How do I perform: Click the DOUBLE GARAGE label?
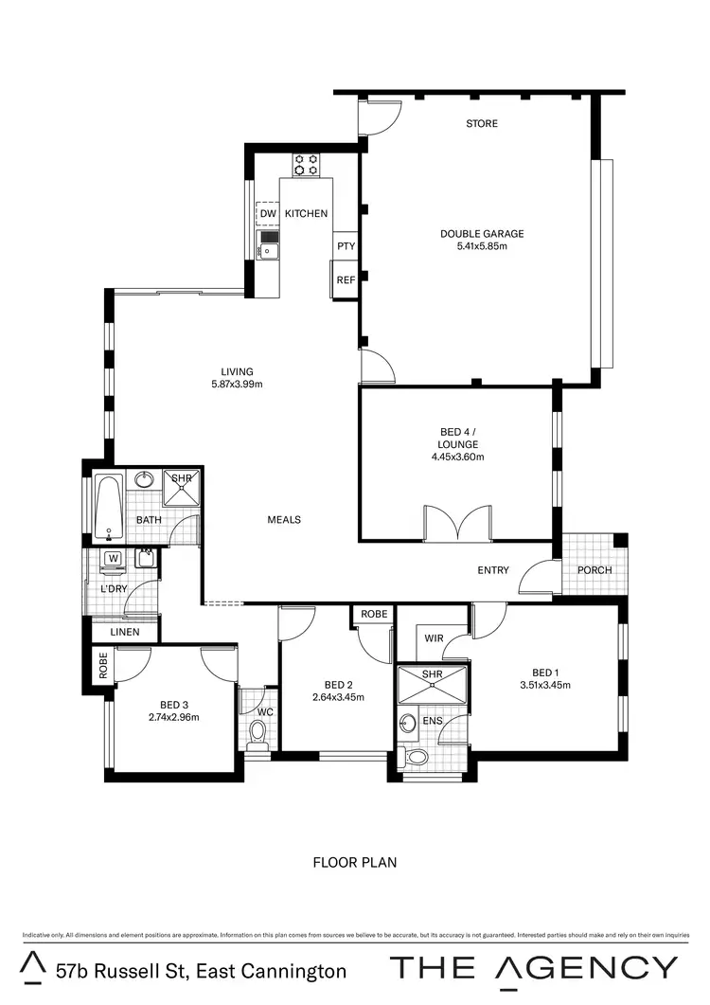point(481,234)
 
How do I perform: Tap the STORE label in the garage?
point(481,124)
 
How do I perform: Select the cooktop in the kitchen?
point(305,165)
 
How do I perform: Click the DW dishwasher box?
point(267,213)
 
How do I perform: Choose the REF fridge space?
point(346,280)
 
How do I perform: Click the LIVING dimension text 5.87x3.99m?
point(237,385)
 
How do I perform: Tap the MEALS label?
point(284,519)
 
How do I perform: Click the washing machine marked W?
point(114,560)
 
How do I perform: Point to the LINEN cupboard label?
point(124,632)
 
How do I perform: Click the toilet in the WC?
point(257,735)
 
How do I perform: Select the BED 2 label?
point(338,685)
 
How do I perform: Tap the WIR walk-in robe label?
point(434,639)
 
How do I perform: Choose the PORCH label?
point(594,570)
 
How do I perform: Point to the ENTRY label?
point(493,570)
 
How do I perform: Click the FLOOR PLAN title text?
point(354,863)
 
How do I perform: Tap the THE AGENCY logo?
point(534,967)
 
